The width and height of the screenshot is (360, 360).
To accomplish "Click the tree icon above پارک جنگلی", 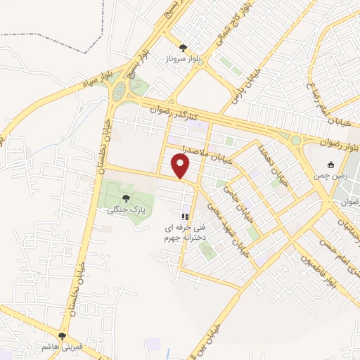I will pos(126,198).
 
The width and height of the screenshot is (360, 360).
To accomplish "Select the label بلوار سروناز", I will pos(183,59).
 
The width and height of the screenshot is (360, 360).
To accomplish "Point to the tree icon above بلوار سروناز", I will pos(184,47).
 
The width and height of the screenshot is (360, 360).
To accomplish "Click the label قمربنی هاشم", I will pos(63,347).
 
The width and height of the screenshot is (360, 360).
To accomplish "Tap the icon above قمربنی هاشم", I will pos(63,336).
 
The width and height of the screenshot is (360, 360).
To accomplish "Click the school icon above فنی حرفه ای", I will pos(185,217).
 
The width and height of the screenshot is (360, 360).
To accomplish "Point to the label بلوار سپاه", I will pos(89,88).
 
